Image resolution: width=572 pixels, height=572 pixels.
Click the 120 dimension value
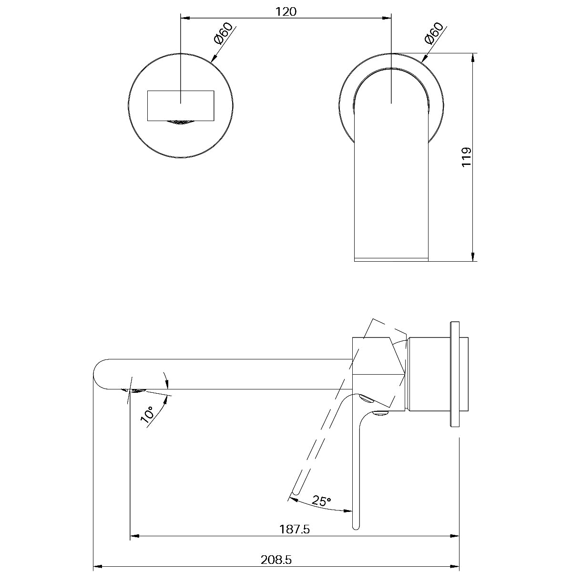point(286,11)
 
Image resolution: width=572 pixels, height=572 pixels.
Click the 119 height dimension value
point(467,156)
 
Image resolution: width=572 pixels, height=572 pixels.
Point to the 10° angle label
point(147,415)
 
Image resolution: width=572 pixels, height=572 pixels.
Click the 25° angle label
point(321,500)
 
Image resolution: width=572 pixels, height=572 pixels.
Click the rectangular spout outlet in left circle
point(181,105)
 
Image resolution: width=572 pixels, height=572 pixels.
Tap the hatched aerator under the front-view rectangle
point(181,123)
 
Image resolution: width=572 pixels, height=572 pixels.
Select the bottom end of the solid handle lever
point(356,526)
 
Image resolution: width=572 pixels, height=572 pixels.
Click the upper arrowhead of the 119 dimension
point(472,57)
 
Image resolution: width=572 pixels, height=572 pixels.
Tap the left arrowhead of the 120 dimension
point(185,18)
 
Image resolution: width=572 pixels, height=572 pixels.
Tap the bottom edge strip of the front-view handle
point(391,259)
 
